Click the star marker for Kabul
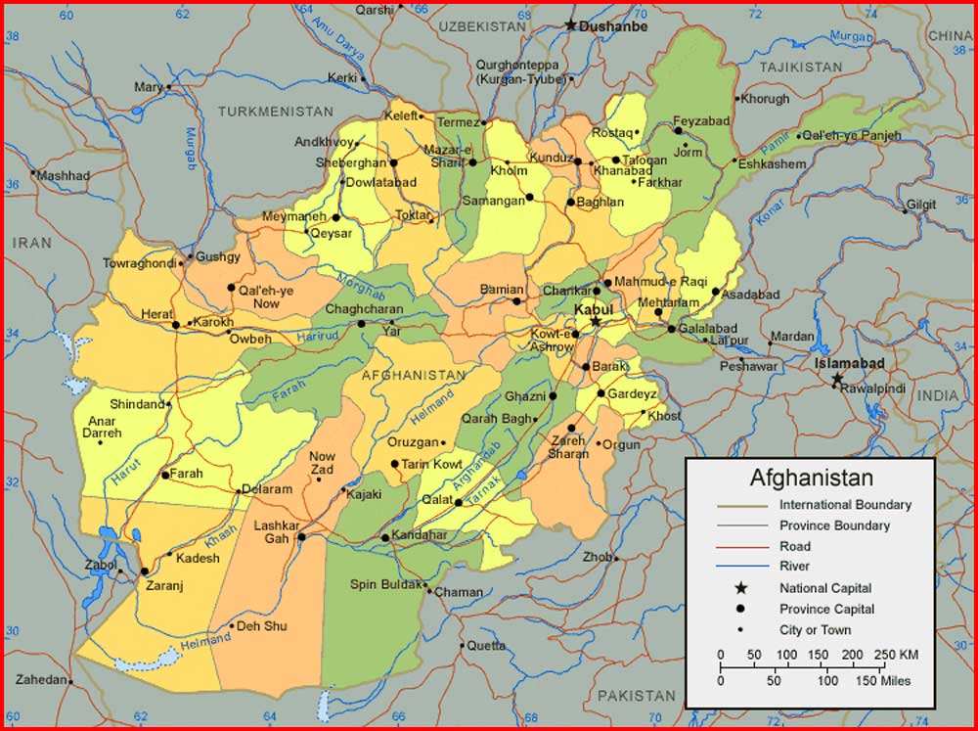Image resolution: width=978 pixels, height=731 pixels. click(595, 321)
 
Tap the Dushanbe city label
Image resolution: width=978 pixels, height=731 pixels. click(613, 26)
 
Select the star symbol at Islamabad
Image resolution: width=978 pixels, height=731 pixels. click(836, 379)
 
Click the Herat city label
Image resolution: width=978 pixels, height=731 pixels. click(156, 313)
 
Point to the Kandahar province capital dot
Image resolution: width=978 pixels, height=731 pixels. click(384, 537)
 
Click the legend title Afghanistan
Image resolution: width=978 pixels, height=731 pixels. click(811, 479)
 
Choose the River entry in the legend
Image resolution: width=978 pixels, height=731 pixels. click(794, 567)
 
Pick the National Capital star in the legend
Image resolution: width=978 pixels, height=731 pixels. click(741, 588)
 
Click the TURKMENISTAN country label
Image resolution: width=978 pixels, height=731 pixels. click(275, 112)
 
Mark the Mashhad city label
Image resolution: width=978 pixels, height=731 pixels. click(64, 176)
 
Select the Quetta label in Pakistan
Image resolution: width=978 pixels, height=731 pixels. click(485, 646)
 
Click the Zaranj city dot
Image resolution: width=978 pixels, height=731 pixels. click(144, 571)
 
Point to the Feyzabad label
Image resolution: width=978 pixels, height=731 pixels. click(701, 120)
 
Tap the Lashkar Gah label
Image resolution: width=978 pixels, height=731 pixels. click(275, 531)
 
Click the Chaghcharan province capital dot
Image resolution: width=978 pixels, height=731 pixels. click(361, 324)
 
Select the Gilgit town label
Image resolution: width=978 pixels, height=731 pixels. click(920, 205)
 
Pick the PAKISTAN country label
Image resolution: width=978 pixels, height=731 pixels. click(636, 696)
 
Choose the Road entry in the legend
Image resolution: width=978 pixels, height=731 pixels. click(794, 546)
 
